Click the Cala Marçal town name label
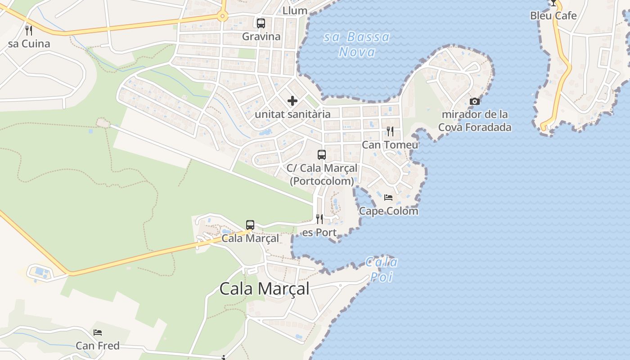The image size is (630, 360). pyautogui.click(x=265, y=288)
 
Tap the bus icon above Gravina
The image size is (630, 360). pyautogui.click(x=261, y=23)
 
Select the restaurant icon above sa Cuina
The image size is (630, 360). pyautogui.click(x=29, y=30)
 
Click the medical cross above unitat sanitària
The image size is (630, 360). pyautogui.click(x=292, y=101)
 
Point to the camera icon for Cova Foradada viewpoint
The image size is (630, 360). pyautogui.click(x=475, y=102)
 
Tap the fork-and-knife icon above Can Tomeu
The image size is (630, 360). pyautogui.click(x=390, y=131)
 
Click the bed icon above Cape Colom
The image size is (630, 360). pyautogui.click(x=388, y=197)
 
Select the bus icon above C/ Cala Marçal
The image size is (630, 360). pyautogui.click(x=322, y=155)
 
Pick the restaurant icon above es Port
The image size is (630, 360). pyautogui.click(x=319, y=219)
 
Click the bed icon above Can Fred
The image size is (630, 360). pyautogui.click(x=98, y=333)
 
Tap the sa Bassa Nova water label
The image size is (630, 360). pyautogui.click(x=357, y=44)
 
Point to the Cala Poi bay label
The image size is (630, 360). pyautogui.click(x=382, y=269)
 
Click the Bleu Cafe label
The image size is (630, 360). pyautogui.click(x=553, y=16)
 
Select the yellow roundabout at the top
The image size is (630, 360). pyautogui.click(x=222, y=17)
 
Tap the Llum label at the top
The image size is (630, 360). pyautogui.click(x=295, y=10)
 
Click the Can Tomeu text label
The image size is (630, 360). pyautogui.click(x=390, y=145)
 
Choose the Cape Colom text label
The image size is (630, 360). pyautogui.click(x=388, y=211)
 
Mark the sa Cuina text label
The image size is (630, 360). pyautogui.click(x=29, y=44)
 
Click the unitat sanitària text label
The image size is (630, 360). pyautogui.click(x=292, y=114)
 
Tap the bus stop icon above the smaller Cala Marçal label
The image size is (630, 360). pyautogui.click(x=250, y=225)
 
